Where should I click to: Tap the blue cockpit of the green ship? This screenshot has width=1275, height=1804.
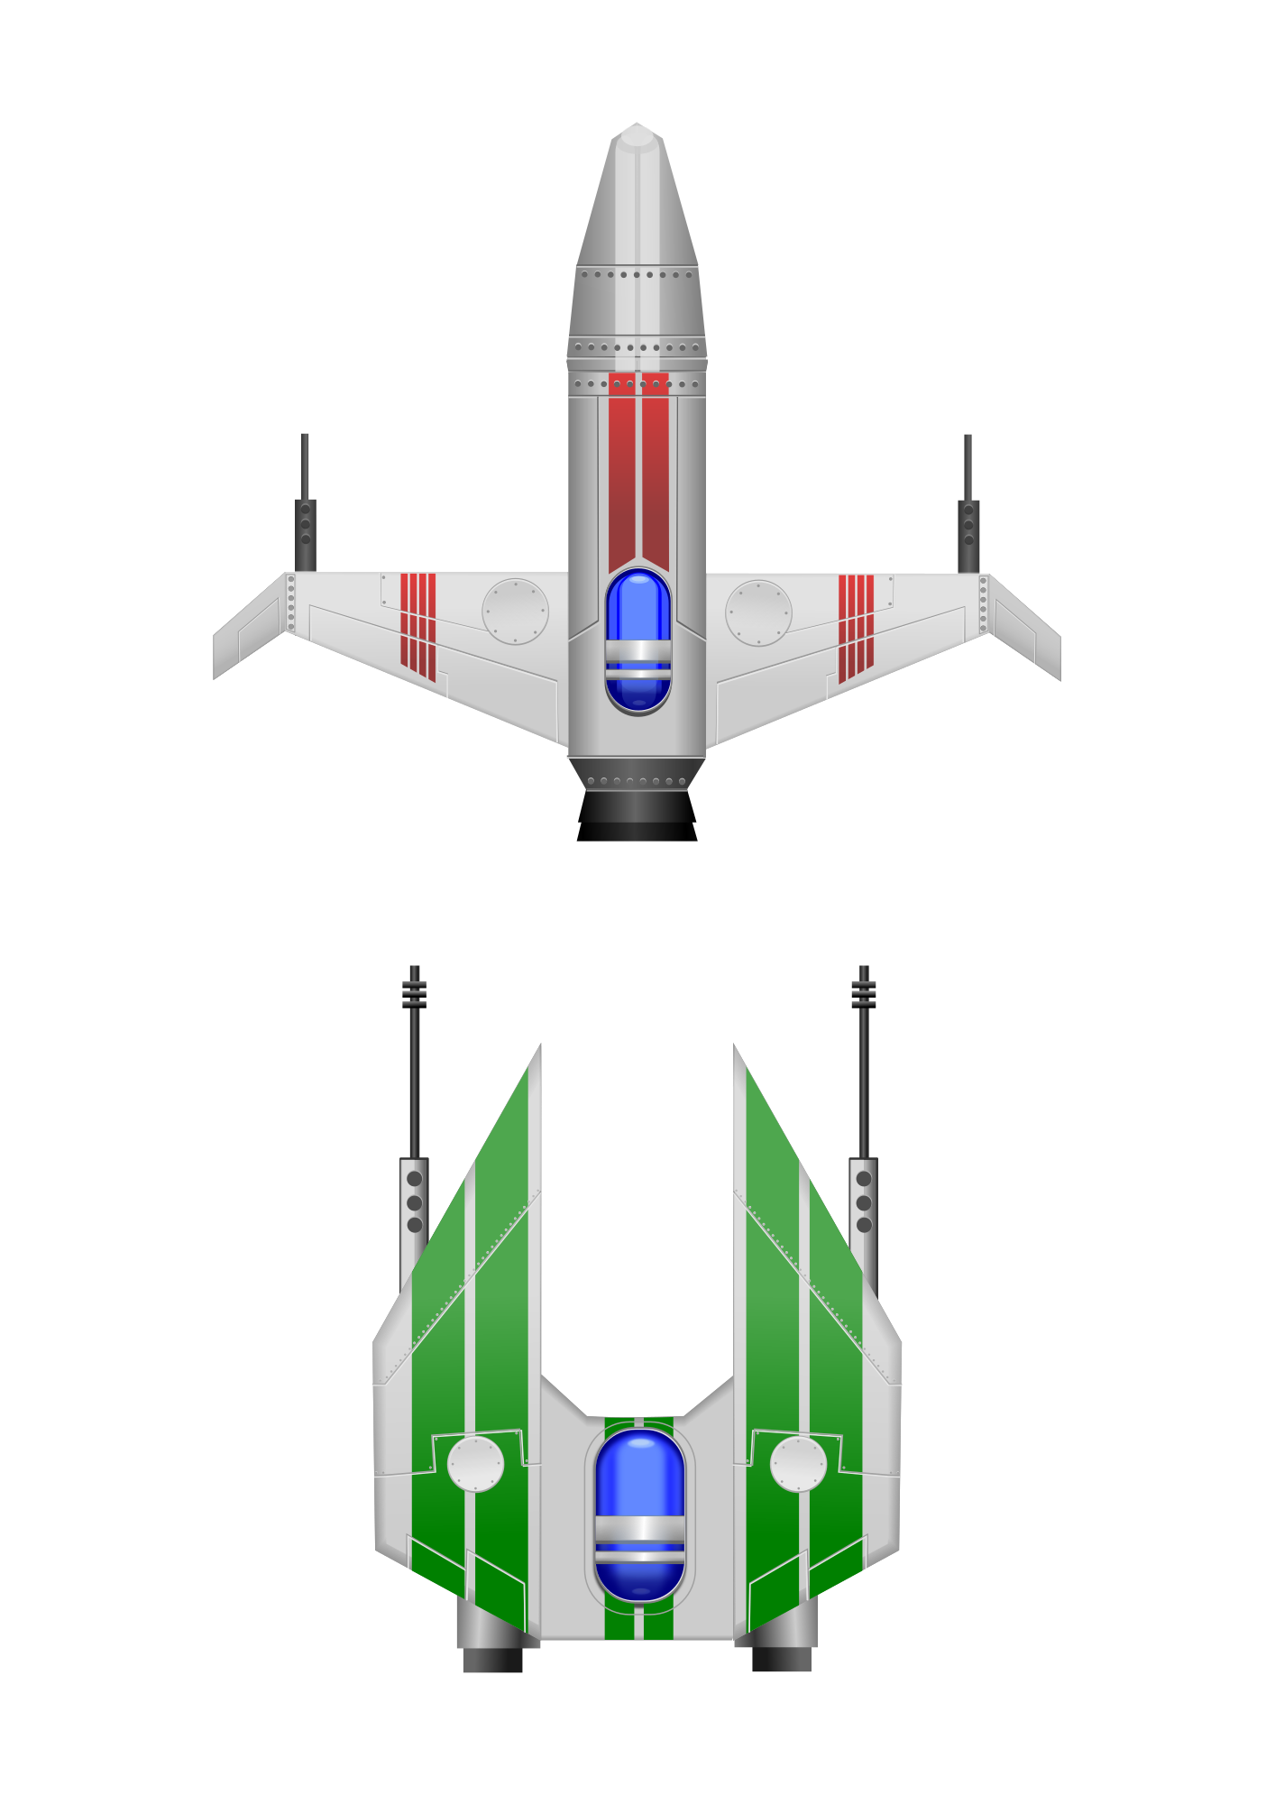pyautogui.click(x=639, y=1479)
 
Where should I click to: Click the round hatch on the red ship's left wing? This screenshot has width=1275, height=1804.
pyautogui.click(x=515, y=611)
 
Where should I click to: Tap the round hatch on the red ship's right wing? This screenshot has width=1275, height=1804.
pyautogui.click(x=758, y=612)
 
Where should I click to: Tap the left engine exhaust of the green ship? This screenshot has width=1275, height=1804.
pyautogui.click(x=492, y=1658)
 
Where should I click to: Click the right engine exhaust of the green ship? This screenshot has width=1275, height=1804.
pyautogui.click(x=781, y=1658)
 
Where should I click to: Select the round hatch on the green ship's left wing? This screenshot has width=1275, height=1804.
pyautogui.click(x=475, y=1463)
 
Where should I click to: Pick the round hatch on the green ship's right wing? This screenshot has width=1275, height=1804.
pyautogui.click(x=798, y=1463)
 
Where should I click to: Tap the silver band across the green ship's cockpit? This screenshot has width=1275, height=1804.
pyautogui.click(x=639, y=1532)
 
